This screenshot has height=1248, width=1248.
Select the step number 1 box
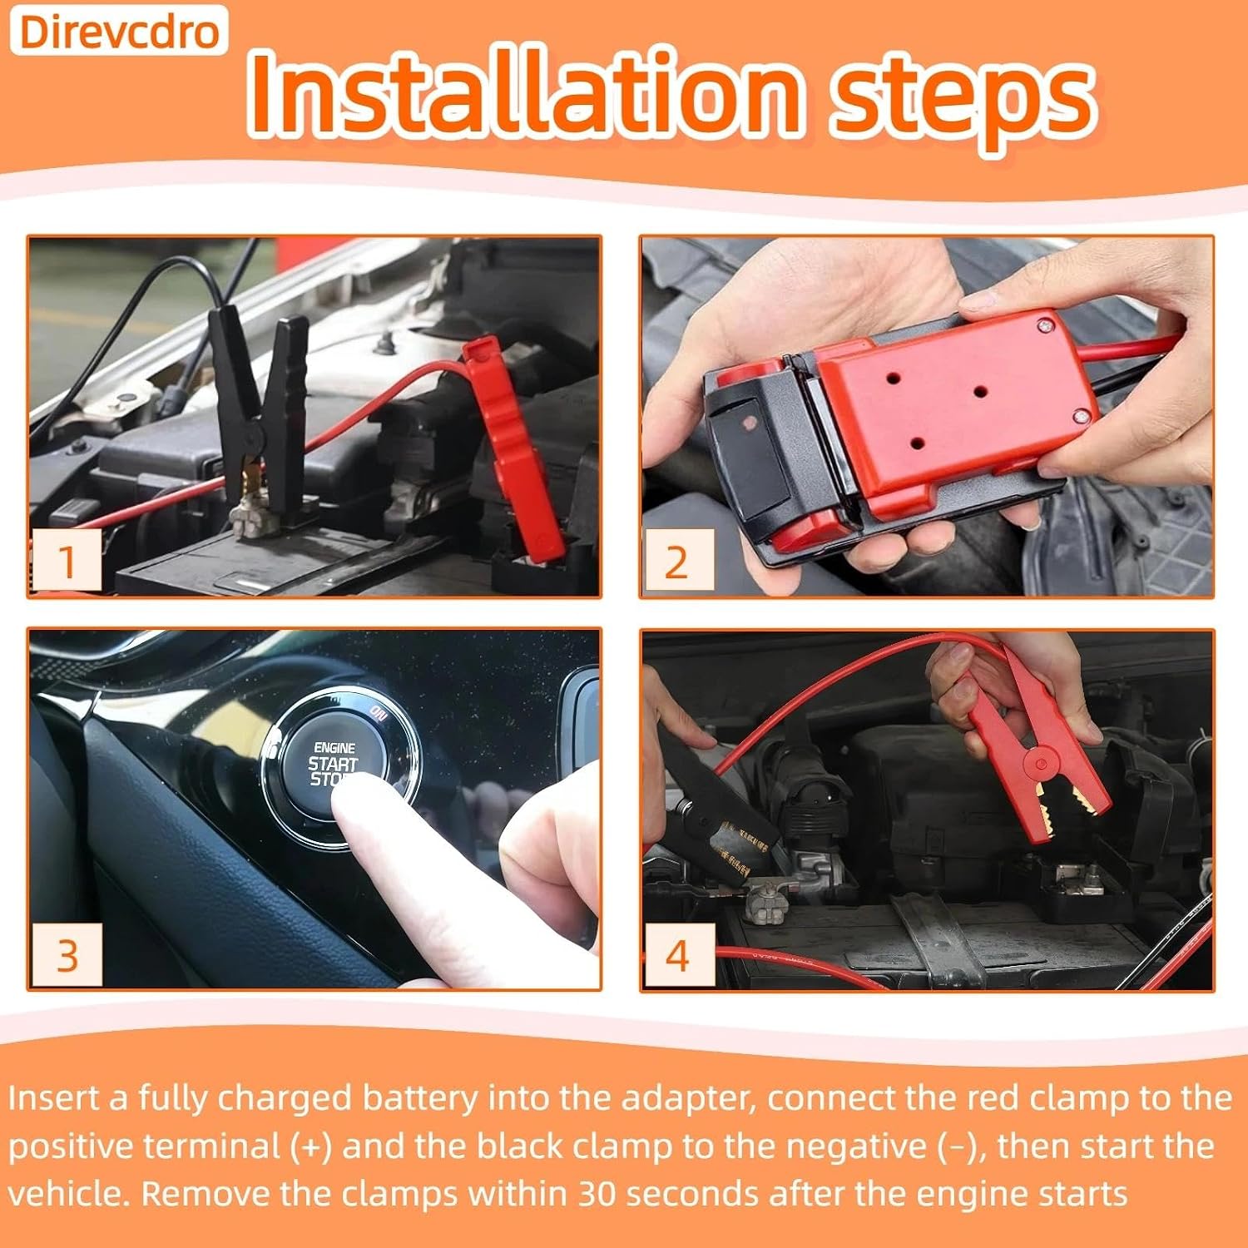click(67, 559)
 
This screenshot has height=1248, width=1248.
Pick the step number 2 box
click(678, 561)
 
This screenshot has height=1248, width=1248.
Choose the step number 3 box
click(67, 954)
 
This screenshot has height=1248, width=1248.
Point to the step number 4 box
click(678, 955)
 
